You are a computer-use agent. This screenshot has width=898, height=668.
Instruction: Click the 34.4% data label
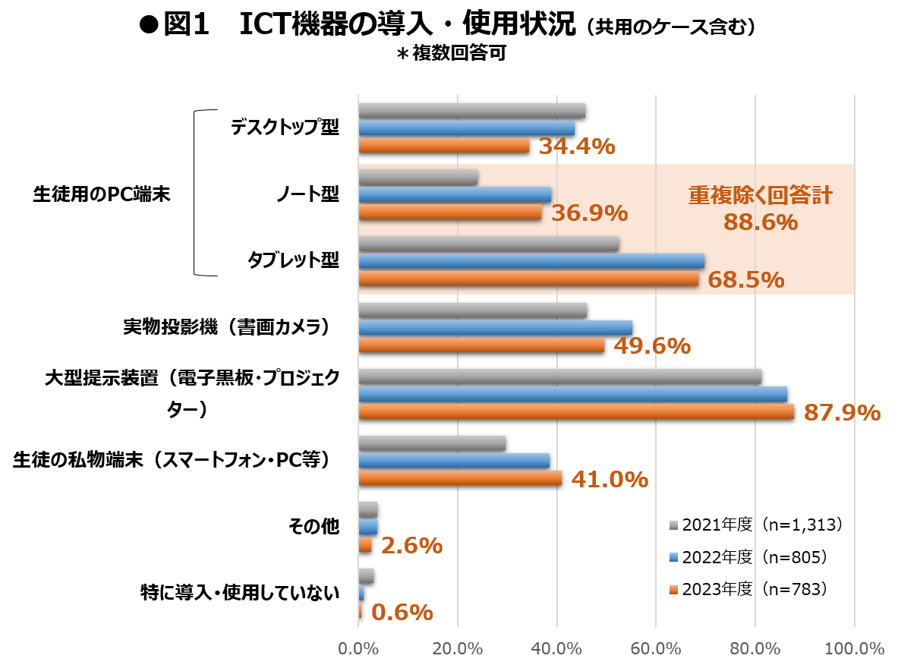pyautogui.click(x=576, y=146)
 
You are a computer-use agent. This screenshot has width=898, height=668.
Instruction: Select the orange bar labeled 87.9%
pyautogui.click(x=575, y=411)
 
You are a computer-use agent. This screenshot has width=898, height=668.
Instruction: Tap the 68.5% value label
pyautogui.click(x=745, y=279)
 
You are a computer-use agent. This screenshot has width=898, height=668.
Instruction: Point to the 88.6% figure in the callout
pyautogui.click(x=760, y=222)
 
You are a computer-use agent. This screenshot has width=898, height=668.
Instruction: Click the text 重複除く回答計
pyautogui.click(x=760, y=196)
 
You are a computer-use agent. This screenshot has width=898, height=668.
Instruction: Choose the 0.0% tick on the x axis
pyautogui.click(x=358, y=649)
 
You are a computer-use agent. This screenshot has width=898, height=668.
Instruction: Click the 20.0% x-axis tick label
pyautogui.click(x=458, y=649)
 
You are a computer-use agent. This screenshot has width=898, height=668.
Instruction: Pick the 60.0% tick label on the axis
pyautogui.click(x=656, y=649)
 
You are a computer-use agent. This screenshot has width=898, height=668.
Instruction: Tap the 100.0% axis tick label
pyautogui.click(x=854, y=649)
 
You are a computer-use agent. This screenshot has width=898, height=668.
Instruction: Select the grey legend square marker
pyautogui.click(x=673, y=525)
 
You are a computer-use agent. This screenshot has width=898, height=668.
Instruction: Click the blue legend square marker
pyautogui.click(x=673, y=557)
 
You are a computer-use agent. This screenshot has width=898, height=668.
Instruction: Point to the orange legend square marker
pyautogui.click(x=673, y=590)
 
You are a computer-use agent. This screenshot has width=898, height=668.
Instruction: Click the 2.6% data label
pyautogui.click(x=411, y=545)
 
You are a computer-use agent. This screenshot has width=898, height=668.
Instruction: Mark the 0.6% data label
pyautogui.click(x=402, y=612)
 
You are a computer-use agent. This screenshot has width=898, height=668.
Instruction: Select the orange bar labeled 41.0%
pyautogui.click(x=459, y=478)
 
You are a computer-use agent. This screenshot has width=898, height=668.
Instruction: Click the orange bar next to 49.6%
pyautogui.click(x=481, y=345)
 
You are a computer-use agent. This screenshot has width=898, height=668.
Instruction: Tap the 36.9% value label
pyautogui.click(x=589, y=213)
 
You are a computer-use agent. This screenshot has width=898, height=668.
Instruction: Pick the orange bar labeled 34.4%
pyautogui.click(x=443, y=146)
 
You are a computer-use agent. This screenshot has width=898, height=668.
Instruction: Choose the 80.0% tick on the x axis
pyautogui.click(x=755, y=649)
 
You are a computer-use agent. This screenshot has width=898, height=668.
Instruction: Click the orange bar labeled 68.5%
pyautogui.click(x=528, y=279)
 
